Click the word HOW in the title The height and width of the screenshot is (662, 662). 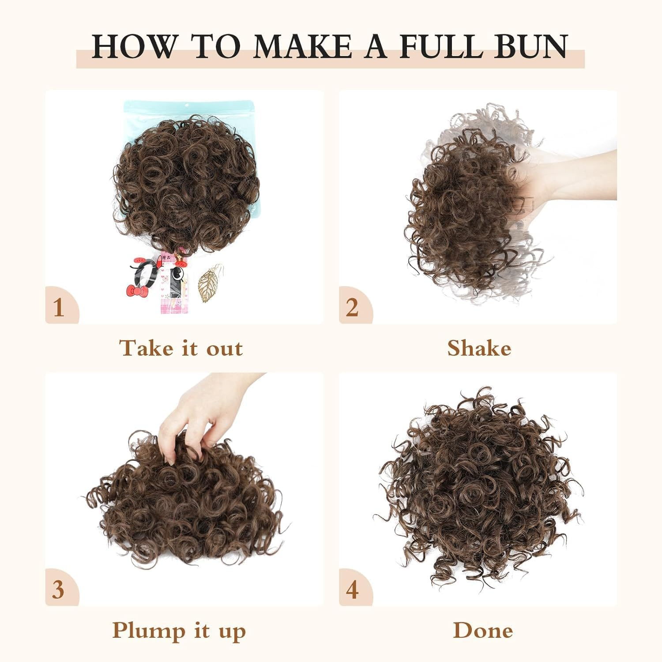click(134, 46)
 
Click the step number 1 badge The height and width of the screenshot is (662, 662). click(59, 307)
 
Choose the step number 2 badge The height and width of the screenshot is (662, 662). click(352, 307)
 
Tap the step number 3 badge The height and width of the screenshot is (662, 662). click(58, 590)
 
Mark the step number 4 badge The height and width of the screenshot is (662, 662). click(352, 590)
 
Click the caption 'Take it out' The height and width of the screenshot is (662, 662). click(181, 348)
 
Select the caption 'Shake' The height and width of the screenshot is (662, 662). click(479, 348)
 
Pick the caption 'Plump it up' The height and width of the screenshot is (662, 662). click(179, 631)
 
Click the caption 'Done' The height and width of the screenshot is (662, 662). click(483, 631)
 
